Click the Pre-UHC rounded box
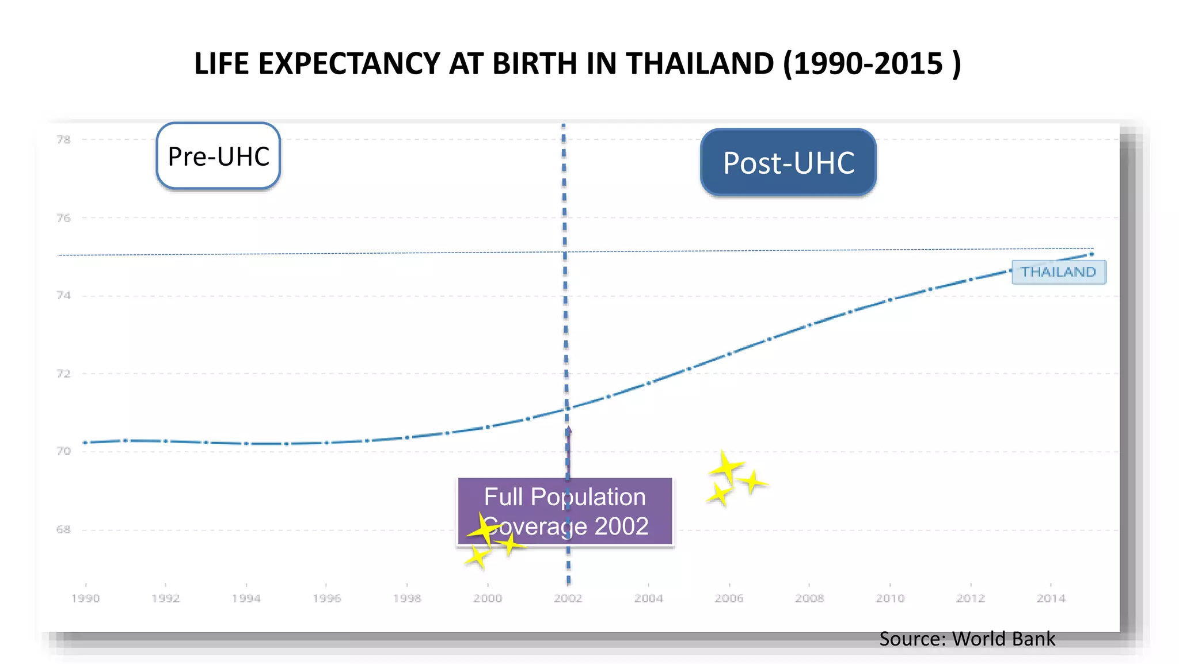pos(218,156)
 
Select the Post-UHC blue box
pos(788,163)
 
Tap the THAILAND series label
pos(1058,272)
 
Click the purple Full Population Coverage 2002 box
pos(565,512)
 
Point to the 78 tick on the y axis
pos(63,139)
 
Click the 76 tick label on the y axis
pos(63,218)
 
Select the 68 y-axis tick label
pos(63,529)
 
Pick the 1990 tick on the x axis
pos(85,598)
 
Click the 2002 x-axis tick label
pos(568,598)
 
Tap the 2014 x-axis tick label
pos(1051,598)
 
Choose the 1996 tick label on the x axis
pos(326,598)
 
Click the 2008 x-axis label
pos(809,598)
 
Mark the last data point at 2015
pos(1091,254)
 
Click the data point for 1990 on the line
pos(85,442)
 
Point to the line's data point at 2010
pos(890,300)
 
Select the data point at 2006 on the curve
pos(729,354)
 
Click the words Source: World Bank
pos(967,639)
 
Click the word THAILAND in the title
pos(700,63)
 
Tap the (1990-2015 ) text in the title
pos(872,63)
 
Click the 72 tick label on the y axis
pos(63,373)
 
